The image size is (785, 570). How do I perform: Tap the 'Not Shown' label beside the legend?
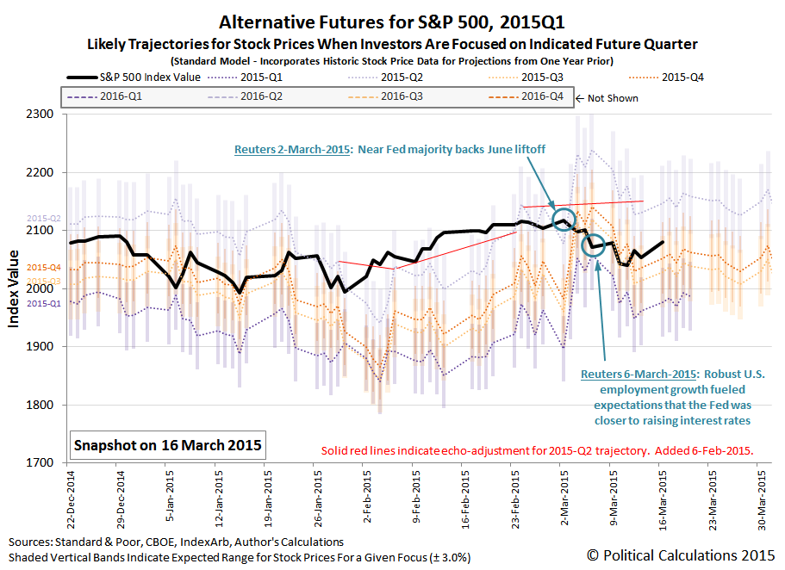(612, 97)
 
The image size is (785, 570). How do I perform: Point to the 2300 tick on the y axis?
(41, 115)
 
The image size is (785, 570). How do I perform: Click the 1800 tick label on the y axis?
(41, 406)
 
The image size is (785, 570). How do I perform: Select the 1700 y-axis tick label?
(41, 463)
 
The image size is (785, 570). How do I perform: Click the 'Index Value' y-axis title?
(15, 288)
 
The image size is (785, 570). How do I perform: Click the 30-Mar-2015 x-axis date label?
(762, 499)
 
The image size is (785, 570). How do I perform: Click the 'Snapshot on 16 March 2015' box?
(168, 446)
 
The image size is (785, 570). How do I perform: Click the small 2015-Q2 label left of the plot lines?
(43, 219)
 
